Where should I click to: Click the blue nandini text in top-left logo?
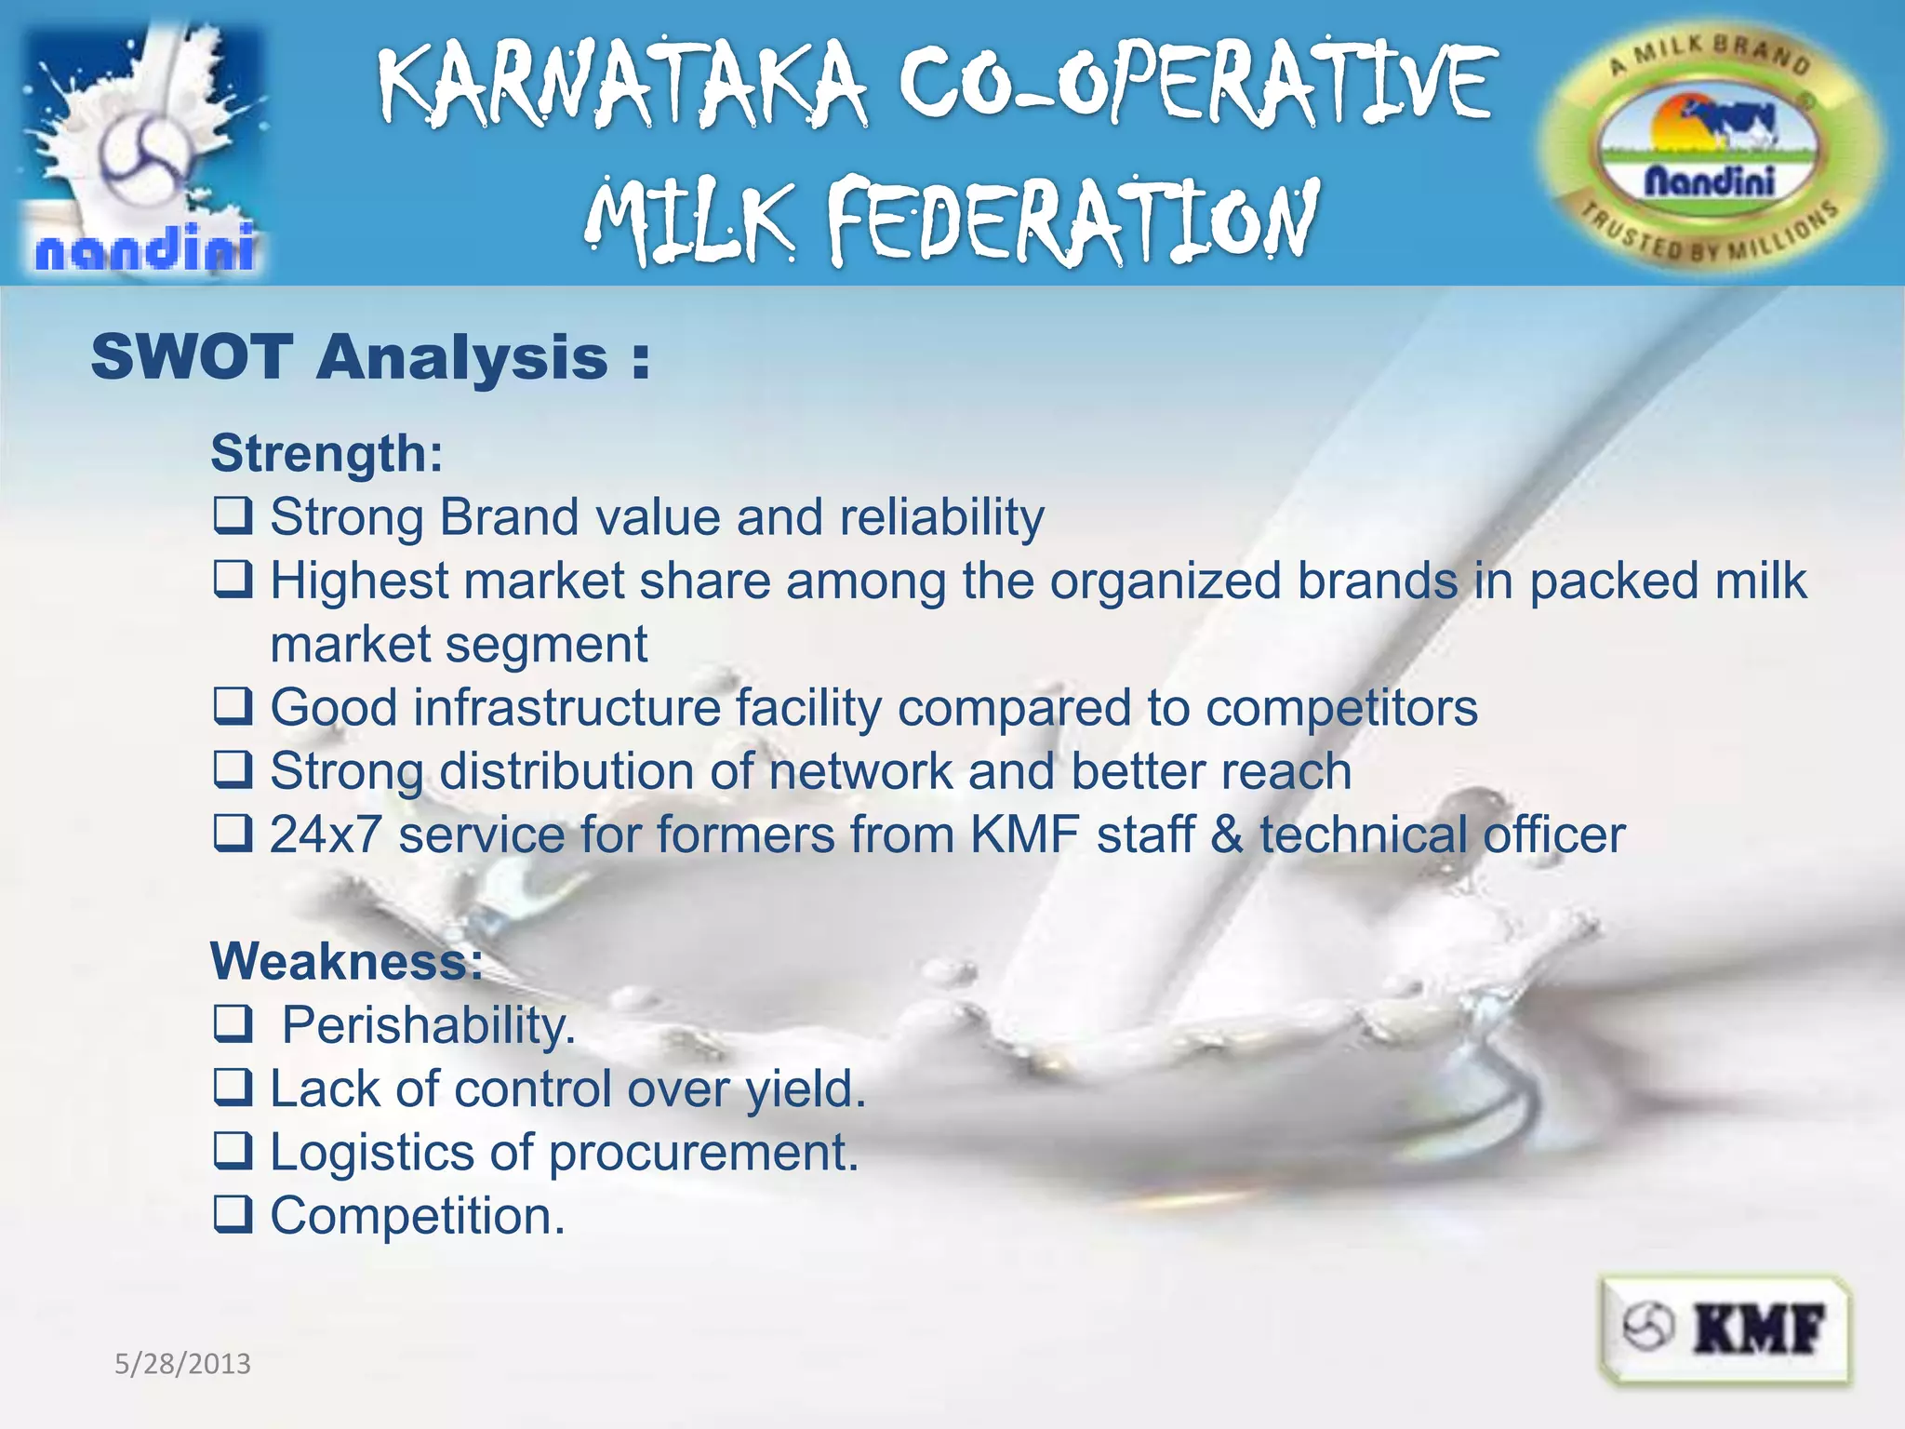pos(145,248)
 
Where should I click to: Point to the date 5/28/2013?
pos(182,1364)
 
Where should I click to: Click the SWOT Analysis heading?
pos(369,357)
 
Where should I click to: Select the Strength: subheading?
pos(326,453)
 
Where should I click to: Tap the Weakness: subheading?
pos(346,961)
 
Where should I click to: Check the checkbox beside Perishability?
pos(233,1024)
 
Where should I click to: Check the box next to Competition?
pos(233,1215)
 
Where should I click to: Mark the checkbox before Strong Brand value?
pos(233,515)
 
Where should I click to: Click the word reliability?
pos(941,517)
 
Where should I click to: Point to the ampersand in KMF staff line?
pos(1227,835)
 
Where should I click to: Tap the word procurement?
pos(703,1154)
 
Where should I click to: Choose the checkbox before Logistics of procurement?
pos(233,1152)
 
